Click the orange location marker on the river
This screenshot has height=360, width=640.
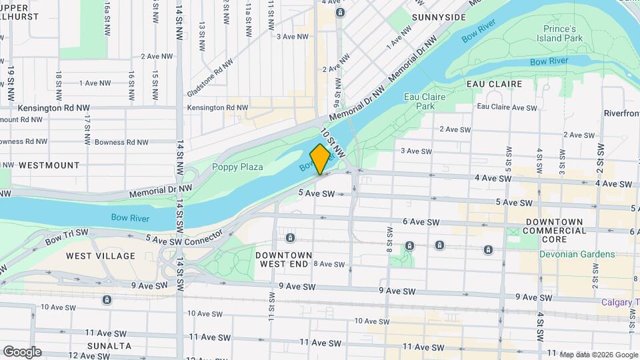(x=321, y=159)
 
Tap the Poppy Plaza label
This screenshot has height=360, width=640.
(x=237, y=167)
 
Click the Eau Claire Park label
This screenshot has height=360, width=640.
(x=424, y=101)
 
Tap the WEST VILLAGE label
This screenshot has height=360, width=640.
(x=100, y=256)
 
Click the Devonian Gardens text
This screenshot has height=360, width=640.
(x=577, y=254)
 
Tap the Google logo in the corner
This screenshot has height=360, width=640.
(x=21, y=352)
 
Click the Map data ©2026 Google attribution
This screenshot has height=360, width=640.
(x=598, y=355)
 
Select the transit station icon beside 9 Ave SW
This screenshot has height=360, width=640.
(x=107, y=300)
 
